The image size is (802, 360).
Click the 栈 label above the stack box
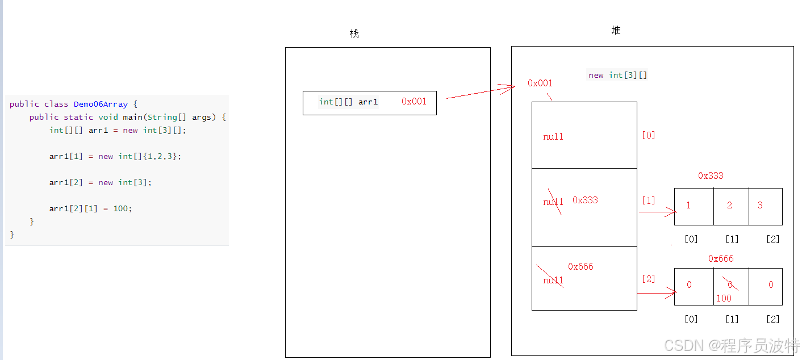tap(354, 34)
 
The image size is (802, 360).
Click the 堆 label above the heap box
tap(616, 30)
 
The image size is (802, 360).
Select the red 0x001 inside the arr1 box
tap(413, 102)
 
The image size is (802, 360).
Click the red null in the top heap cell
tap(553, 136)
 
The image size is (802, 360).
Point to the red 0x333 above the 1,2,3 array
tap(711, 175)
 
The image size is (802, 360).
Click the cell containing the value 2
tap(730, 206)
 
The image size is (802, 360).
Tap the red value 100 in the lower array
tap(724, 298)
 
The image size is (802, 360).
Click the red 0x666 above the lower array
tap(721, 258)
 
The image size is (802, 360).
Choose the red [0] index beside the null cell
tap(648, 135)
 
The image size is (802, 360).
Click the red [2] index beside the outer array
tap(648, 279)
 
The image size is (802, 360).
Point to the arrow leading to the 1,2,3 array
tap(657, 212)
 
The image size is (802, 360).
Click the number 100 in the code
tap(121, 208)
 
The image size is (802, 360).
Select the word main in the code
tap(132, 117)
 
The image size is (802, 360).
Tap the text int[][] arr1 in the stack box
tap(348, 102)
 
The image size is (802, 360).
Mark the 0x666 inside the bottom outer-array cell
tap(580, 266)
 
